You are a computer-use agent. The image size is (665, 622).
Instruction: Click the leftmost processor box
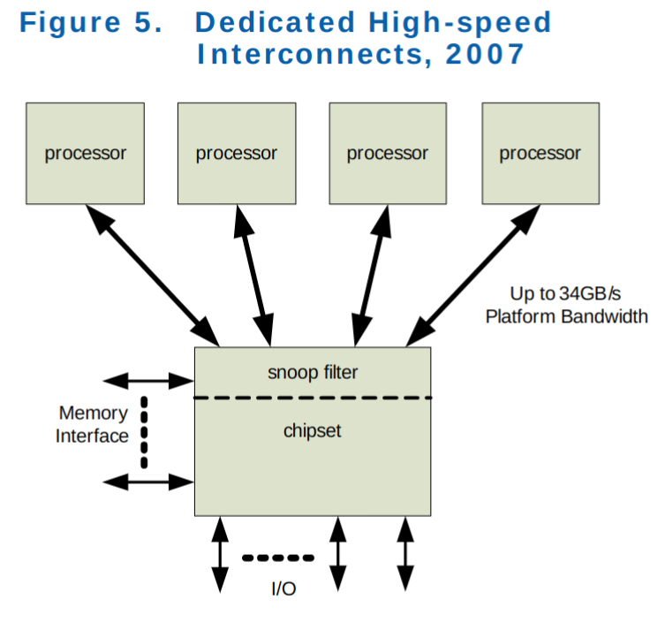pyautogui.click(x=85, y=153)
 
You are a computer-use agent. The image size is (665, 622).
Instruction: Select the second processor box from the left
pyautogui.click(x=236, y=153)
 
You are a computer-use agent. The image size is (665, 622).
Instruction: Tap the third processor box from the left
pyautogui.click(x=387, y=153)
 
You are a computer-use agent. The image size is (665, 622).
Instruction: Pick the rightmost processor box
pyautogui.click(x=540, y=153)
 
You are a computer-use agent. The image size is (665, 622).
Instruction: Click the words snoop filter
pyautogui.click(x=313, y=373)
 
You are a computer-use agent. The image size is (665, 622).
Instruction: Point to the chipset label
pyautogui.click(x=312, y=431)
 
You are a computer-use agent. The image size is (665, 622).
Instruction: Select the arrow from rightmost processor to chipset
pyautogui.click(x=472, y=276)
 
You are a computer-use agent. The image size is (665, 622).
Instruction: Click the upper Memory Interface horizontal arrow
pyautogui.click(x=148, y=381)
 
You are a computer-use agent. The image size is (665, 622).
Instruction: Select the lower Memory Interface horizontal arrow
pyautogui.click(x=148, y=482)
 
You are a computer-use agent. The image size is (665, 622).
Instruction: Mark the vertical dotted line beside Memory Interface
pyautogui.click(x=144, y=432)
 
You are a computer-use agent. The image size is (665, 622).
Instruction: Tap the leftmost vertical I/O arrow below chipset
pyautogui.click(x=220, y=554)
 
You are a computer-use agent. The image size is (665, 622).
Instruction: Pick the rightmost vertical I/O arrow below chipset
pyautogui.click(x=405, y=554)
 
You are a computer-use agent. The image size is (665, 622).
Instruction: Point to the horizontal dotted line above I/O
pyautogui.click(x=277, y=558)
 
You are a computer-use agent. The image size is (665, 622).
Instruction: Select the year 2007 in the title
pyautogui.click(x=485, y=54)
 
